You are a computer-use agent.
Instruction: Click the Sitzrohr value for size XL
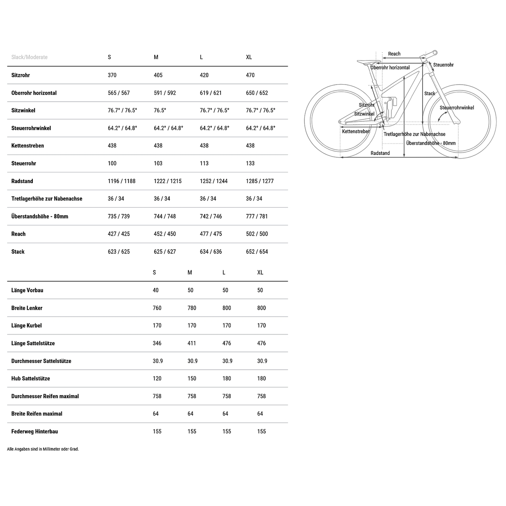[x=250, y=75]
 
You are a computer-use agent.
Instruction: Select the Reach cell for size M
[x=164, y=234]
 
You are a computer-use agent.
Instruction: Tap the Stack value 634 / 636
[x=211, y=252]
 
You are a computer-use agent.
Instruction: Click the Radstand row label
[x=22, y=181]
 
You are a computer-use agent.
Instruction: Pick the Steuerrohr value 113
[x=204, y=163]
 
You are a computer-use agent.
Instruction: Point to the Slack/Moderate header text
[x=29, y=57]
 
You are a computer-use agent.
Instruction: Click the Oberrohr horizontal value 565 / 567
[x=119, y=93]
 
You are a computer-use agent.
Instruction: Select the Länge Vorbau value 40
[x=156, y=290]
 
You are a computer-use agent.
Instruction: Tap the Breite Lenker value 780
[x=192, y=308]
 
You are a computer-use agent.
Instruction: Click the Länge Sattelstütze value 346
[x=157, y=343]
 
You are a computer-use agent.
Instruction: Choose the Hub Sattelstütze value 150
[x=192, y=378]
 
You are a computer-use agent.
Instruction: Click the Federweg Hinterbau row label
[x=34, y=431]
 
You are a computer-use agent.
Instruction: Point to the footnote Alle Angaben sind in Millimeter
[x=43, y=449]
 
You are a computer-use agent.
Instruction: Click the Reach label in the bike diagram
[x=394, y=54]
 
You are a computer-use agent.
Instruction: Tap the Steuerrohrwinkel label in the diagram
[x=457, y=108]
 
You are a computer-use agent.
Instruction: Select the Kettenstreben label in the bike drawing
[x=356, y=131]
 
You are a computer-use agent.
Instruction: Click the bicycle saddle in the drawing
[x=368, y=62]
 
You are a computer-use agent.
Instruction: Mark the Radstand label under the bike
[x=380, y=153]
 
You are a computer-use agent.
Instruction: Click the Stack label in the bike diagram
[x=429, y=94]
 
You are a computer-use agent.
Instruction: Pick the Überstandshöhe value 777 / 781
[x=257, y=216]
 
